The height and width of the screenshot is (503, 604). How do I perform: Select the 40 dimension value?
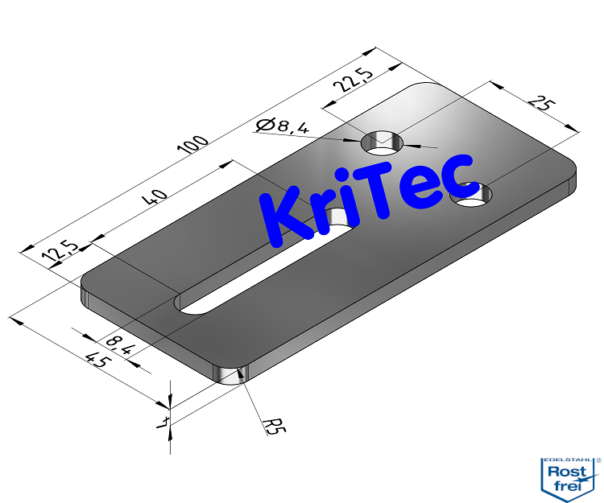158,196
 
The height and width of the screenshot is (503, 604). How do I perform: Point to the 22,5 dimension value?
357,82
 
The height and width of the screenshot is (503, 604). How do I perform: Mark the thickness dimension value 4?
163,420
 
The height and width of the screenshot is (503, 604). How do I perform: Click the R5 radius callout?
275,424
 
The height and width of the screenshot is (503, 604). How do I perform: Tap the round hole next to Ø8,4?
383,142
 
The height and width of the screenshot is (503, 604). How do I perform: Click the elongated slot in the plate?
266,266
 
